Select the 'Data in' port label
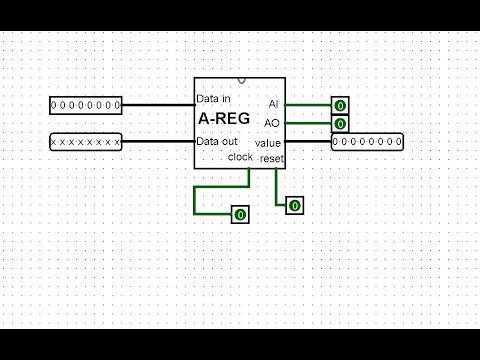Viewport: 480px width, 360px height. coord(215,99)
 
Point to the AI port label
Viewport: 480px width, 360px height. coord(273,104)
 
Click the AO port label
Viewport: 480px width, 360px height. coord(272,123)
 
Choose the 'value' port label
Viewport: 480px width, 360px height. coord(269,143)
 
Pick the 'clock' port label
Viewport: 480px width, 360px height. coord(240,157)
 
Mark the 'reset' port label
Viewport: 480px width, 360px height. coord(271,159)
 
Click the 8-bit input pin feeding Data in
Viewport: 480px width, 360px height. coord(86,104)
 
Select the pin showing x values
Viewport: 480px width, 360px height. coord(86,143)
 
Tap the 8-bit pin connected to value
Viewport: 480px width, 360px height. coord(367,143)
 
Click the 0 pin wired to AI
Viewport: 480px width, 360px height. coord(340,105)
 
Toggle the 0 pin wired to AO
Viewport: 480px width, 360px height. coord(340,124)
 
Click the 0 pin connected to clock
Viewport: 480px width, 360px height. coord(240,214)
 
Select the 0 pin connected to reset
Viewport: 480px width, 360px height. coord(295,205)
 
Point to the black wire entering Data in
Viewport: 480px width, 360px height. coord(157,104)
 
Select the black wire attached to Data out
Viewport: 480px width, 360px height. coord(157,143)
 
